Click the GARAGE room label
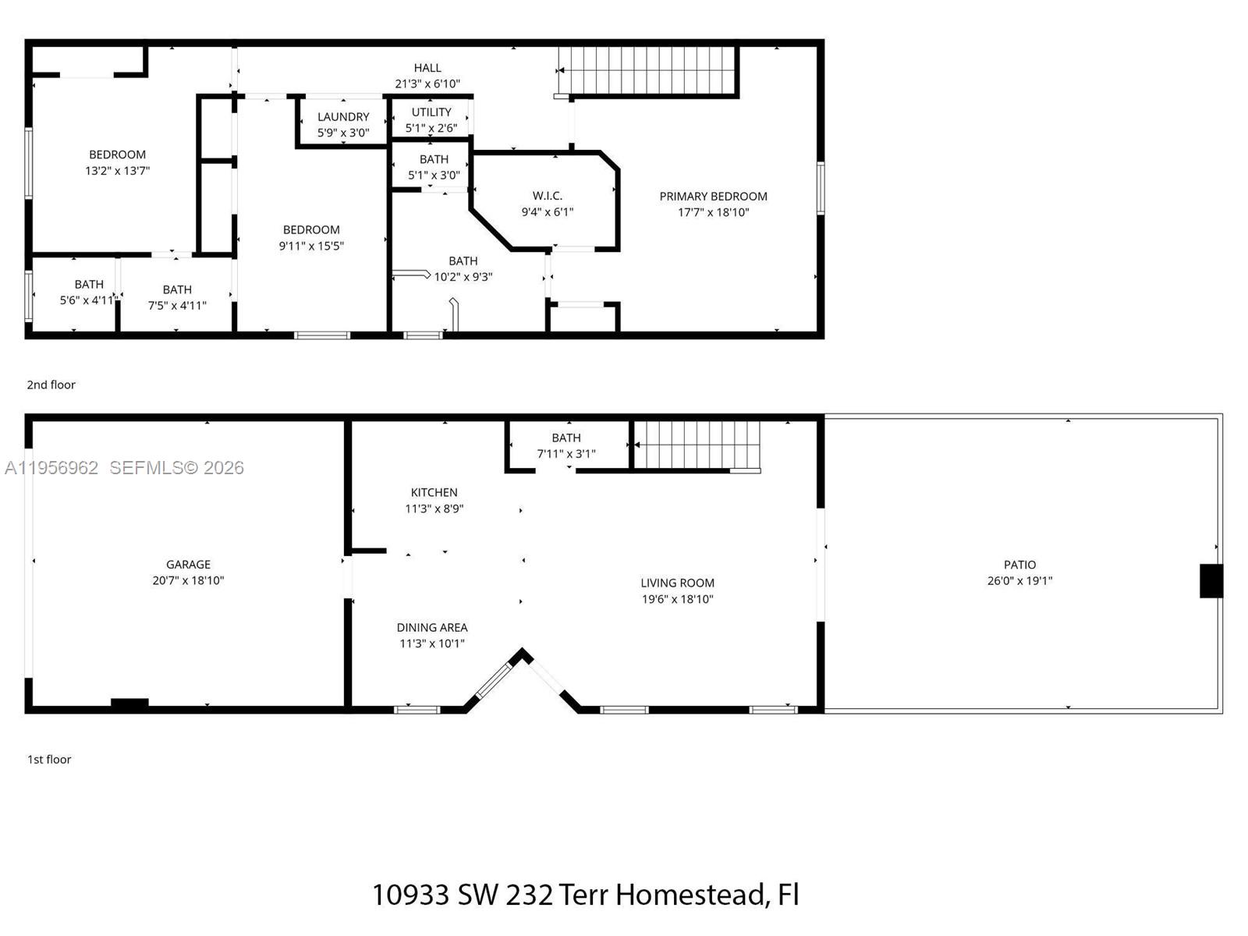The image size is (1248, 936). pos(188,564)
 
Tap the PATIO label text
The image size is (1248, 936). pos(1019,564)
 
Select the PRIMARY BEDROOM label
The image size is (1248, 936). pos(713,197)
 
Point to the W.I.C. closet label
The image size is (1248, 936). pos(547,196)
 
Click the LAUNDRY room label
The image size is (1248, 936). pos(343,117)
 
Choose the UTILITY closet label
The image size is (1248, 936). pos(431,112)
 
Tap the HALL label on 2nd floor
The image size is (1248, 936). pos(427,68)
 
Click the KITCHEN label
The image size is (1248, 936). pos(434,492)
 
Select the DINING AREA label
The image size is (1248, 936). pos(431,627)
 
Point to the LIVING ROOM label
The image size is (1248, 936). pos(677,583)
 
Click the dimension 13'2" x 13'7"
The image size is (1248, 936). pos(117,171)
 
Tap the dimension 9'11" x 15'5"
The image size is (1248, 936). pos(311,246)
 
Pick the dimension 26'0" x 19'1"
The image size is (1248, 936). pos(1019,581)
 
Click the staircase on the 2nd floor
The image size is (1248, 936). pos(647,70)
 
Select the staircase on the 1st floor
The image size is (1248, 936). pos(697,445)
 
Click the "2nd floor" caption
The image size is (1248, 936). pos(51,385)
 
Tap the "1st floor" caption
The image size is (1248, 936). pos(49,759)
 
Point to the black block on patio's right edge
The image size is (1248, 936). pos(1211,581)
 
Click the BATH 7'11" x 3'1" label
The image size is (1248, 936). pos(566,438)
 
